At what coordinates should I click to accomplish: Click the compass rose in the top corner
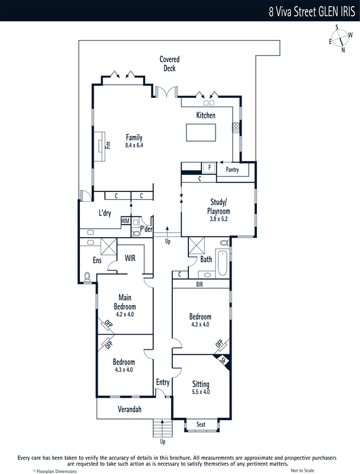[340, 39]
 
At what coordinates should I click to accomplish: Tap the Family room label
[134, 137]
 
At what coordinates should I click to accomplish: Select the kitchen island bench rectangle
[201, 132]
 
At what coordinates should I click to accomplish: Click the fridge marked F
[209, 168]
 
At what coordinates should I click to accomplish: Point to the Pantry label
[232, 169]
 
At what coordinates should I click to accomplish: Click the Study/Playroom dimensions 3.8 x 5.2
[218, 219]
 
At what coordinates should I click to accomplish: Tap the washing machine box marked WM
[126, 221]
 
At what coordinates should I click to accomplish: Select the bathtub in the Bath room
[222, 262]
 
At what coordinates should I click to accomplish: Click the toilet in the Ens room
[87, 277]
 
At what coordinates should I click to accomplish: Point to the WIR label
[130, 258]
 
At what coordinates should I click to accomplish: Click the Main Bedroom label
[125, 302]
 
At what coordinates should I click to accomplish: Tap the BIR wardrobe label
[200, 284]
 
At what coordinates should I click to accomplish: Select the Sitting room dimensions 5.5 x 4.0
[201, 392]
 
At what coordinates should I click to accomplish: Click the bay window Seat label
[201, 424]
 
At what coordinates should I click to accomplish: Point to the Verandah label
[130, 409]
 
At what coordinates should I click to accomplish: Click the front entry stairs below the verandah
[162, 428]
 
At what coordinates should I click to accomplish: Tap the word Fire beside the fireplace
[108, 145]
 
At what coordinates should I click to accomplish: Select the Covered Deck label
[169, 64]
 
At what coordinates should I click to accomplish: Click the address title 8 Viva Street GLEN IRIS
[312, 12]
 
